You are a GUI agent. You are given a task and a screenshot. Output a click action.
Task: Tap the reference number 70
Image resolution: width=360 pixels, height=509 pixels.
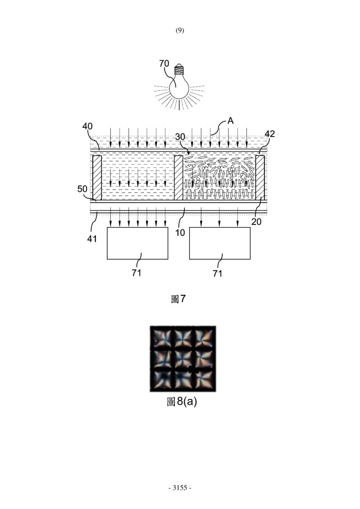pyautogui.click(x=164, y=64)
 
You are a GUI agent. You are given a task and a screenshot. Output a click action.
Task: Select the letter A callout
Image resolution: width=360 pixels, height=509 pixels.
pyautogui.click(x=231, y=121)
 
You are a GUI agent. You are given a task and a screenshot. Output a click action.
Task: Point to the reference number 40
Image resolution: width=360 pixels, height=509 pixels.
pyautogui.click(x=87, y=126)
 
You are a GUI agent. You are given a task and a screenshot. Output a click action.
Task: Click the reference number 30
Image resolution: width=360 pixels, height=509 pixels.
pyautogui.click(x=180, y=137)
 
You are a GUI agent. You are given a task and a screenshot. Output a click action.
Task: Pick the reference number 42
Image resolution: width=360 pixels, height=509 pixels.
pyautogui.click(x=270, y=134)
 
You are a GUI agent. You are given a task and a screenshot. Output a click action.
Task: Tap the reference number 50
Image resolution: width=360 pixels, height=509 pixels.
pyautogui.click(x=82, y=189)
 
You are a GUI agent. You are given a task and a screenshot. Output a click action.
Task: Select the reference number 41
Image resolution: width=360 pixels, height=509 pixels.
pyautogui.click(x=92, y=239)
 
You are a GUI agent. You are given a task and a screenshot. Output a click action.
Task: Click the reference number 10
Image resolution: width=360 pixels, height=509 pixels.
pyautogui.click(x=180, y=233)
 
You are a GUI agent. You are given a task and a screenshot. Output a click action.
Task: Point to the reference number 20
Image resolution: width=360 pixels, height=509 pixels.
pyautogui.click(x=257, y=222)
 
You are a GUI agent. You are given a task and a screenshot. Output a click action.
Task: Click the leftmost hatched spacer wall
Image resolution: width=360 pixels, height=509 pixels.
pyautogui.click(x=97, y=178)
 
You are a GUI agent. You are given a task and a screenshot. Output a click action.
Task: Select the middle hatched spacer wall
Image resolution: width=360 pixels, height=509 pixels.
pyautogui.click(x=179, y=178)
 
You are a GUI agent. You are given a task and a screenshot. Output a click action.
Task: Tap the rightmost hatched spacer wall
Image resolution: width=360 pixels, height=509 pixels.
pyautogui.click(x=260, y=178)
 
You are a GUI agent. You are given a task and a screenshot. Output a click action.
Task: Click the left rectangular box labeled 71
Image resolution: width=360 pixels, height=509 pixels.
pyautogui.click(x=137, y=243)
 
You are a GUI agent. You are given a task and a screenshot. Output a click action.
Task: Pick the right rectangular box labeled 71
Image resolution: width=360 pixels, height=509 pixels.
pyautogui.click(x=220, y=243)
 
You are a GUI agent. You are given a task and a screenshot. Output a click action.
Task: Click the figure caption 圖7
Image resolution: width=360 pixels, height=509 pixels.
pyautogui.click(x=178, y=299)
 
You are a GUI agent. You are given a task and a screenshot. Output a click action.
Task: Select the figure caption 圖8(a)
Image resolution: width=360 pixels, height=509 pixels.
pyautogui.click(x=182, y=402)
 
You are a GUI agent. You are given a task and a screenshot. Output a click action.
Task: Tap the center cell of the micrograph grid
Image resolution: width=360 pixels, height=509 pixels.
pyautogui.click(x=183, y=359)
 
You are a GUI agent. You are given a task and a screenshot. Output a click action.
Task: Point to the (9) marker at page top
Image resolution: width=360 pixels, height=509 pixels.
pyautogui.click(x=180, y=31)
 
